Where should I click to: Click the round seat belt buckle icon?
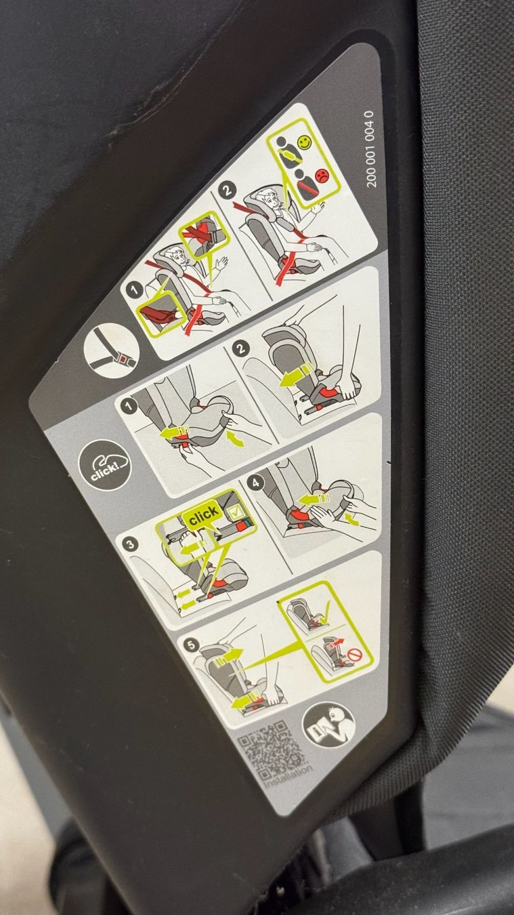pyautogui.click(x=112, y=350)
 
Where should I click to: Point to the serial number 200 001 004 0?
pyautogui.click(x=370, y=149)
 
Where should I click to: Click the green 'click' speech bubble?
pyautogui.click(x=203, y=514)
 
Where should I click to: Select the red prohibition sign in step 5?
pyautogui.click(x=356, y=655)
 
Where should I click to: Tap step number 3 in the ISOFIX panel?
pyautogui.click(x=130, y=544)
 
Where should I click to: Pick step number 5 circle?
pyautogui.click(x=192, y=645)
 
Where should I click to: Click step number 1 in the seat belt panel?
pyautogui.click(x=134, y=291)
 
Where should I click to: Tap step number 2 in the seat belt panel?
pyautogui.click(x=227, y=190)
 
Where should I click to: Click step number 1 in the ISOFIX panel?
pyautogui.click(x=129, y=407)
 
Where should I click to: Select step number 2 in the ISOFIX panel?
pyautogui.click(x=240, y=348)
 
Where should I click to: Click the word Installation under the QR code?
pyautogui.click(x=288, y=775)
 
